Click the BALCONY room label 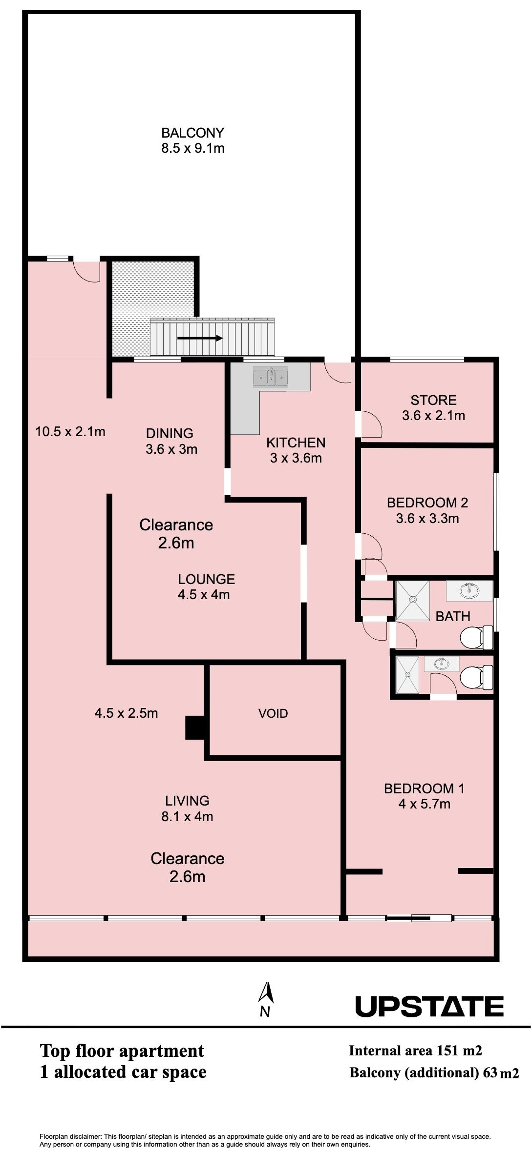coord(192,133)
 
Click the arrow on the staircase coord(200,338)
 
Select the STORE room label coord(433,400)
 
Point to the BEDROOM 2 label coord(427,503)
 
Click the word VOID coord(273,713)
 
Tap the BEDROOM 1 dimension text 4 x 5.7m coord(425,804)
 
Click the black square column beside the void coord(195,727)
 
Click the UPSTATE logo coord(429,1006)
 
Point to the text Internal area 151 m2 coord(415,1050)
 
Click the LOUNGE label coord(206,579)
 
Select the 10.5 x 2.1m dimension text coord(70,431)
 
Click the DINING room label coord(170,433)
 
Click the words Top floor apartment coord(122,1050)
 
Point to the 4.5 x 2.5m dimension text coord(126,713)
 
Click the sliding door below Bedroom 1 coord(419,918)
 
